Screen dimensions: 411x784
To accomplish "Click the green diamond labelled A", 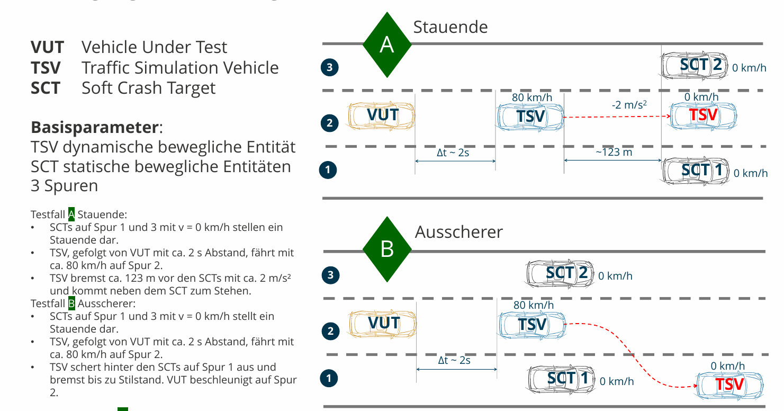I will (387, 45).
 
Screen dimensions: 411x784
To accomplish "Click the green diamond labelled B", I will (387, 249).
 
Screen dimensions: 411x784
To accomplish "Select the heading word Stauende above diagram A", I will (450, 27).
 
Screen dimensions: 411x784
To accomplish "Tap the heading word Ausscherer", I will (458, 232).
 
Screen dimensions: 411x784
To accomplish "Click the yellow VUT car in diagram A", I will (382, 115).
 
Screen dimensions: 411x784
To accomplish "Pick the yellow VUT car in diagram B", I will (383, 323).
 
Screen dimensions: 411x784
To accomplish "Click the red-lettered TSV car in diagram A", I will (703, 115).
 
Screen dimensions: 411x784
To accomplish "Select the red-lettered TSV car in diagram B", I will (729, 384).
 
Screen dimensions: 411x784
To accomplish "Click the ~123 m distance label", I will (614, 153).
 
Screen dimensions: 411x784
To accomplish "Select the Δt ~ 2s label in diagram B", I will (454, 360).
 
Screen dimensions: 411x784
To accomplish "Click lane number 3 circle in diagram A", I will (329, 67).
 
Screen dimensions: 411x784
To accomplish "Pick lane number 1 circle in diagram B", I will (329, 378).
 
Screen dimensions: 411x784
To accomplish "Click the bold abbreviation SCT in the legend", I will (46, 88).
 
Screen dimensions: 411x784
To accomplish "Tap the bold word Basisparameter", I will (95, 128).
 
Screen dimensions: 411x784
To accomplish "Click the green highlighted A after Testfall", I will (71, 215).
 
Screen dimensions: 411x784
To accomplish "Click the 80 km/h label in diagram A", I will (532, 97).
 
